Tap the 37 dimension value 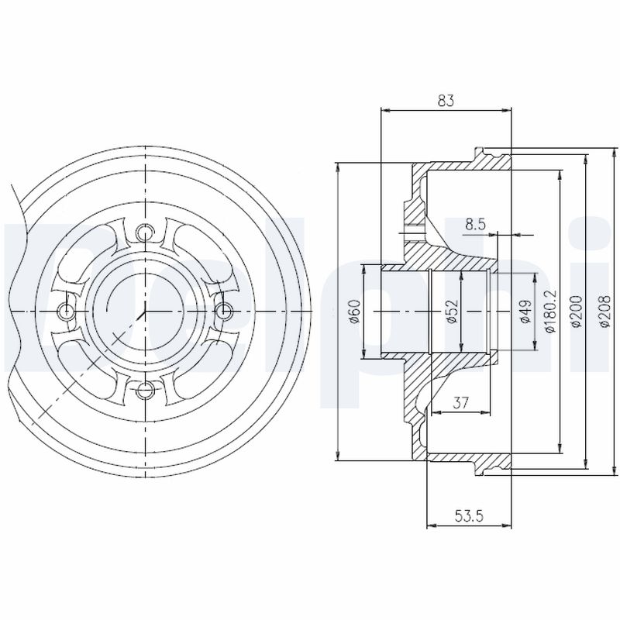click(x=460, y=402)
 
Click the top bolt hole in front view click(x=145, y=232)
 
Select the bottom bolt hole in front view click(x=145, y=389)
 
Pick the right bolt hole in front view click(x=223, y=311)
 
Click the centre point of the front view click(x=145, y=311)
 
